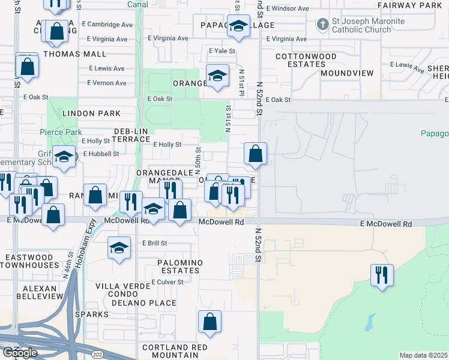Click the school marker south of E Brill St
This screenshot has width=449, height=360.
coord(119,248)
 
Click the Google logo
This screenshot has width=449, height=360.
coord(20,352)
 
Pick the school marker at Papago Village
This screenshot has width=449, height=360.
coord(238,26)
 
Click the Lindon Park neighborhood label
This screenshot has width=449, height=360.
coord(90,113)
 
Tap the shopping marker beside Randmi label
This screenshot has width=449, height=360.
coord(95,195)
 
